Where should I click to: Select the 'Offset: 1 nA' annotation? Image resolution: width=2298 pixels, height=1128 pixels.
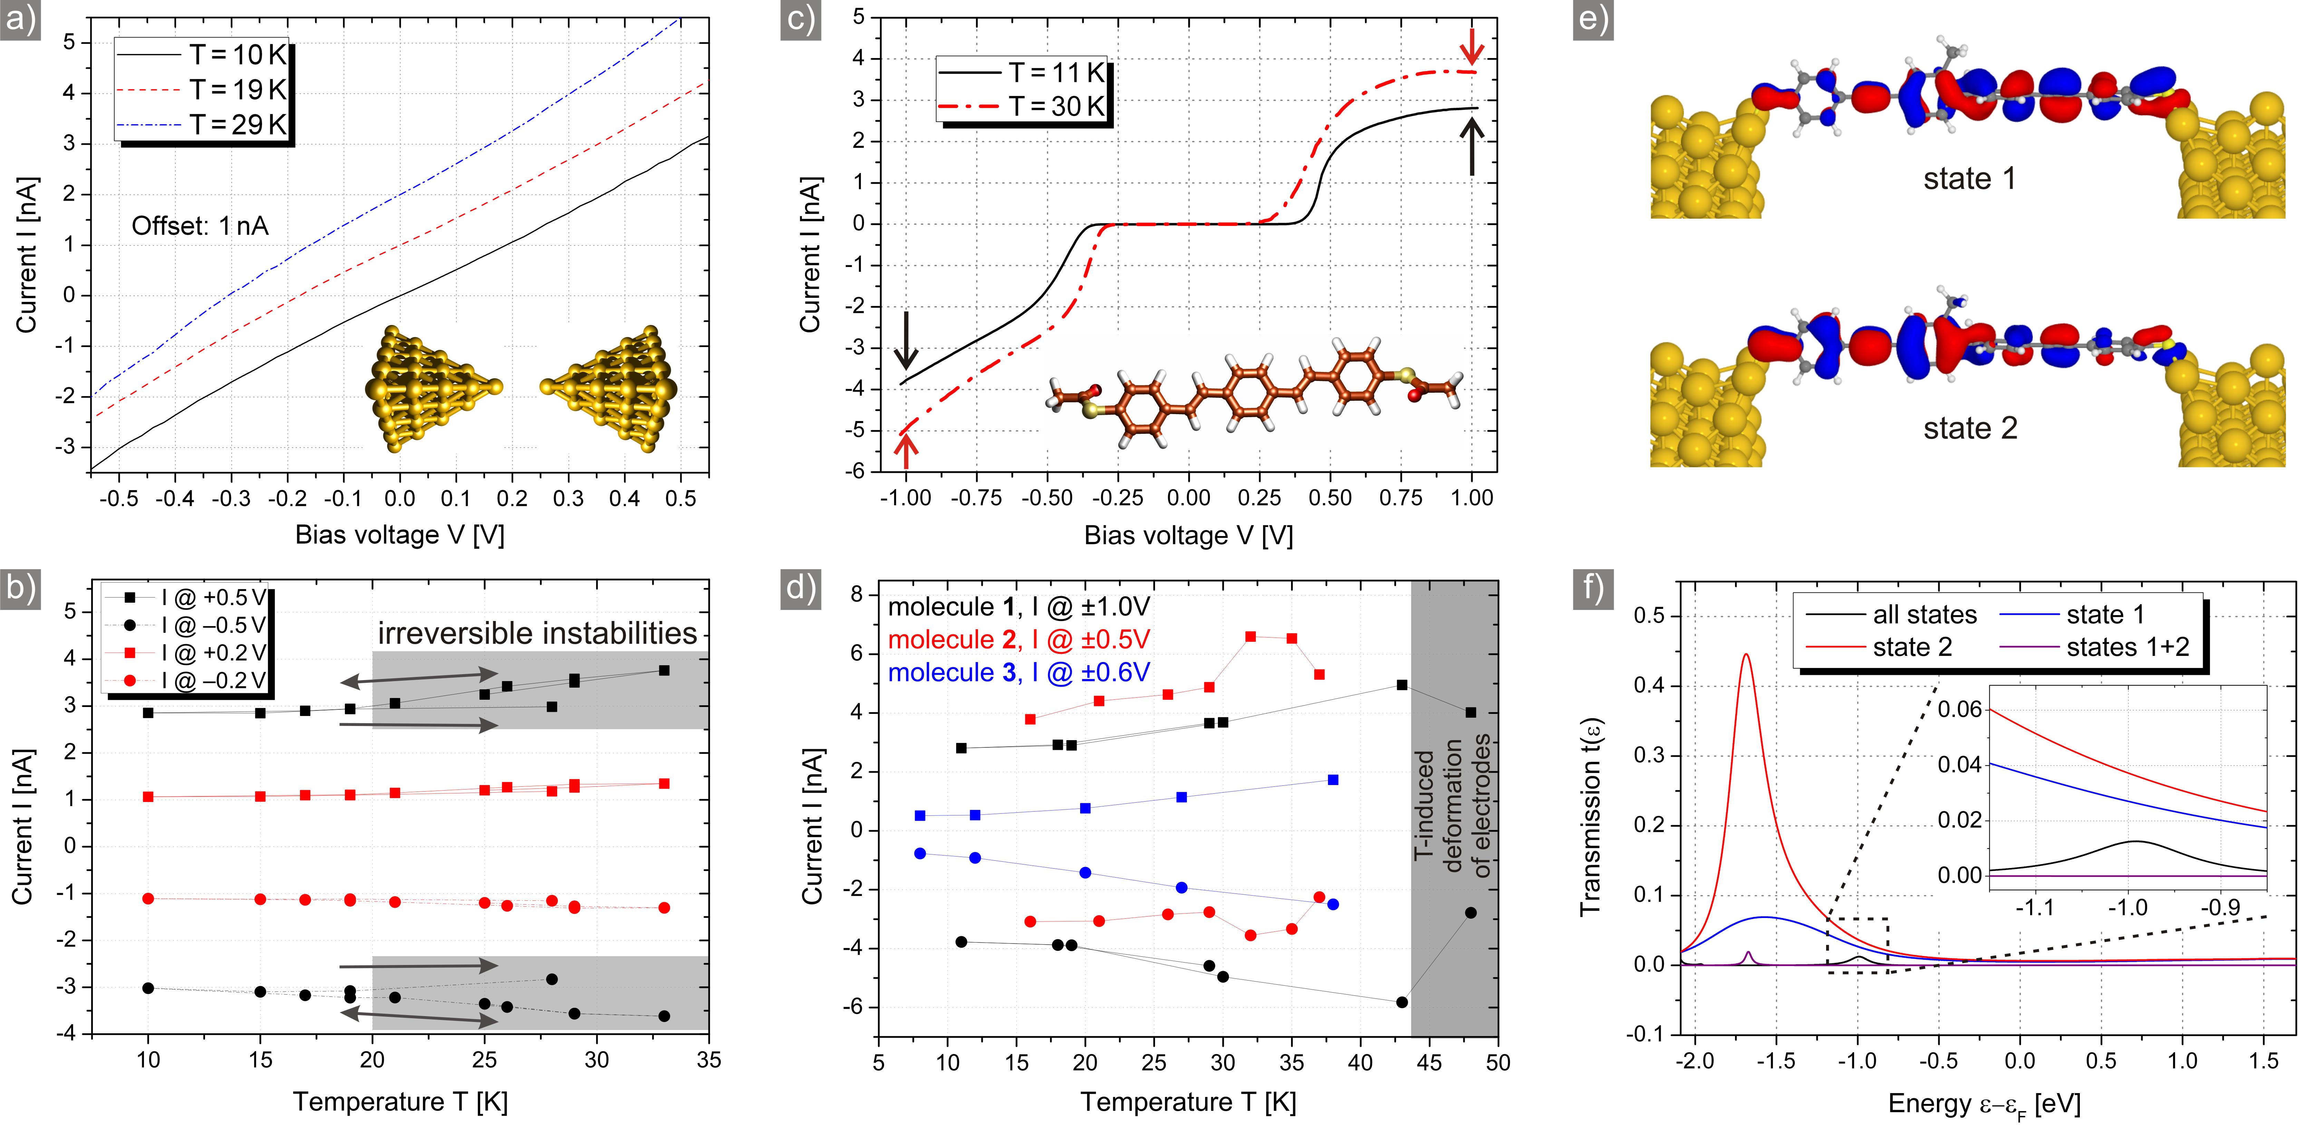click(200, 226)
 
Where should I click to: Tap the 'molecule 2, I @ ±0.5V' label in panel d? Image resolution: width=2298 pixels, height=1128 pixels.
click(1019, 640)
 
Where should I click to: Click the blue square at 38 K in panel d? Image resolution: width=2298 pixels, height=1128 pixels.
click(1333, 780)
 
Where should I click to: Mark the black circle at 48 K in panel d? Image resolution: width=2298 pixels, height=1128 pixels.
click(1470, 913)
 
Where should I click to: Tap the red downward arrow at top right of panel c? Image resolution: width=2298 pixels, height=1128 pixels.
click(1472, 45)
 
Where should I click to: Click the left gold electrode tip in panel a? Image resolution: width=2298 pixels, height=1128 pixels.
click(496, 386)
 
